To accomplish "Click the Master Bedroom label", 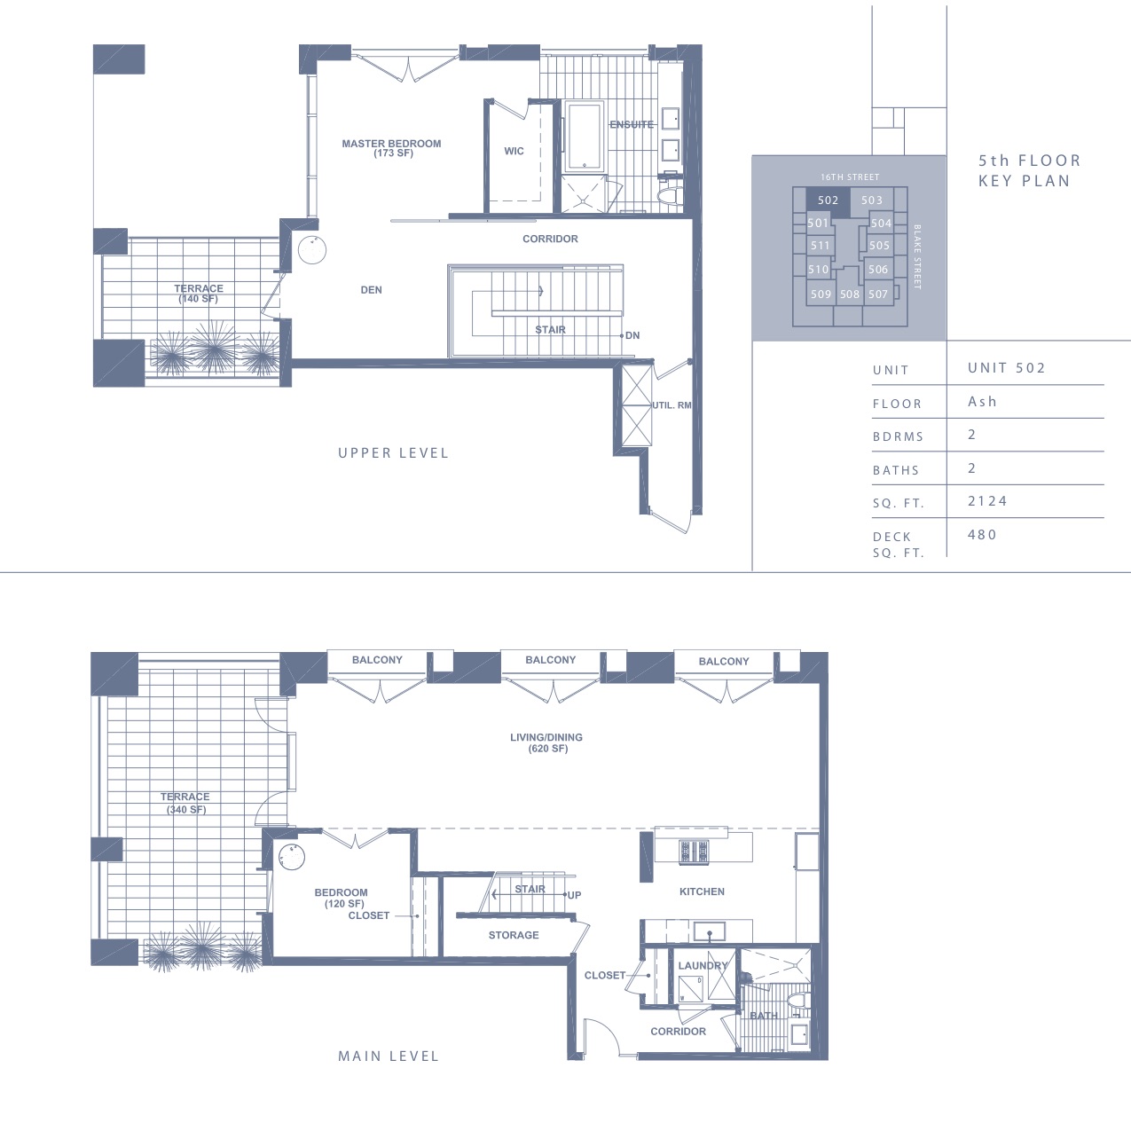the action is point(391,148).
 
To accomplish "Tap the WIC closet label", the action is point(514,152).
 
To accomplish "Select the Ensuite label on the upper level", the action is point(632,124).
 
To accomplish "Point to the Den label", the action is point(371,290).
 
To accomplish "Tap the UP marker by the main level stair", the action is point(574,895).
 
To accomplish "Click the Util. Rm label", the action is point(672,405).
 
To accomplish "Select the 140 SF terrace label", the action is point(199,294).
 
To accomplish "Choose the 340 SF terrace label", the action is point(185,803).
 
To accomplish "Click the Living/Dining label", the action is point(546,742).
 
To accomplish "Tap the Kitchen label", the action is point(702,891).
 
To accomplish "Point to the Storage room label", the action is point(514,935).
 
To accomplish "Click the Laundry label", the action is point(703,965).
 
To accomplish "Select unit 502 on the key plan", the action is point(829,200).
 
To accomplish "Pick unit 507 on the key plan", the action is point(878,294).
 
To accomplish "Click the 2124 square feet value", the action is point(988,501).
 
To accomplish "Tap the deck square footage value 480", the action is point(983,535).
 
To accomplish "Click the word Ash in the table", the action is point(983,402).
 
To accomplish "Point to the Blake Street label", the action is point(916,256).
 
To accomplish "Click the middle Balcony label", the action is point(551,660).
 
